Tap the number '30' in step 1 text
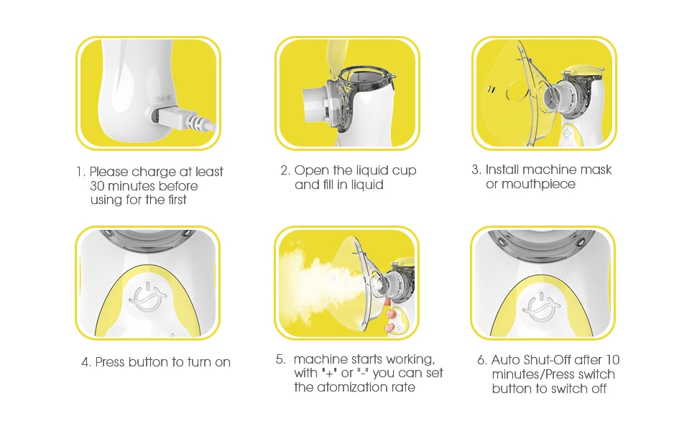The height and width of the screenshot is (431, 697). [97, 186]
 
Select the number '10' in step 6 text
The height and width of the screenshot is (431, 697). [612, 359]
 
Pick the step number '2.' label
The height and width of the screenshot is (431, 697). [285, 171]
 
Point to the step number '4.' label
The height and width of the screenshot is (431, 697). [86, 362]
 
